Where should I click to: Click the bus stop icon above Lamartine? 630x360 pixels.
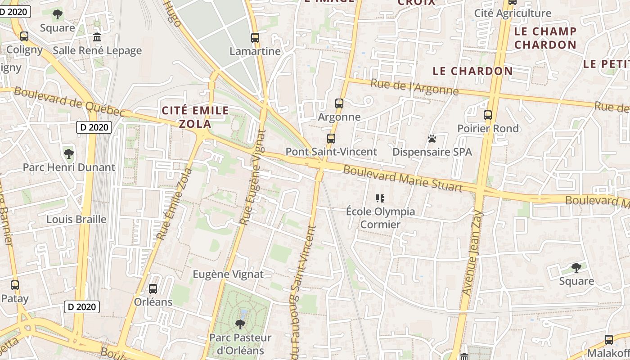255,38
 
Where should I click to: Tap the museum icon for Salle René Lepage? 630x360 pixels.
97,37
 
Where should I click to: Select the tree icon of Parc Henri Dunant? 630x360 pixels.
69,154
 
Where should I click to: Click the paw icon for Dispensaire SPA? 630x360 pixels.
432,139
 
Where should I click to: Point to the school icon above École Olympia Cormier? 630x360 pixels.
380,198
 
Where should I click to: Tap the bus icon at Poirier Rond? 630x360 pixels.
488,115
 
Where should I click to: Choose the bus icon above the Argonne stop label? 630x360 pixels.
339,103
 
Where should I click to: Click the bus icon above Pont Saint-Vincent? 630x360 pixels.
331,139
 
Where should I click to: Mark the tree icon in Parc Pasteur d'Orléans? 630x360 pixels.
240,324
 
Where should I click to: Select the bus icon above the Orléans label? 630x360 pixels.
153,289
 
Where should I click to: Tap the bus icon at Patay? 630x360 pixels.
15,285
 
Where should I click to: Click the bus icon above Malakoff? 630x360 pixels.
609,340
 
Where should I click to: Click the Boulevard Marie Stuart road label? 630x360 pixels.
403,178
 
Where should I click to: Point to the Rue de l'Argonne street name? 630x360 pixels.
414,87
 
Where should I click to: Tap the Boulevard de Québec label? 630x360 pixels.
69,102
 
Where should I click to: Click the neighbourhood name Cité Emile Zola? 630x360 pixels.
195,117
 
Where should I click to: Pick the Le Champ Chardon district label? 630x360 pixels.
545,38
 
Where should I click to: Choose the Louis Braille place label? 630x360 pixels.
76,220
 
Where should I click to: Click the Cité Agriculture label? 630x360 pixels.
513,13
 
